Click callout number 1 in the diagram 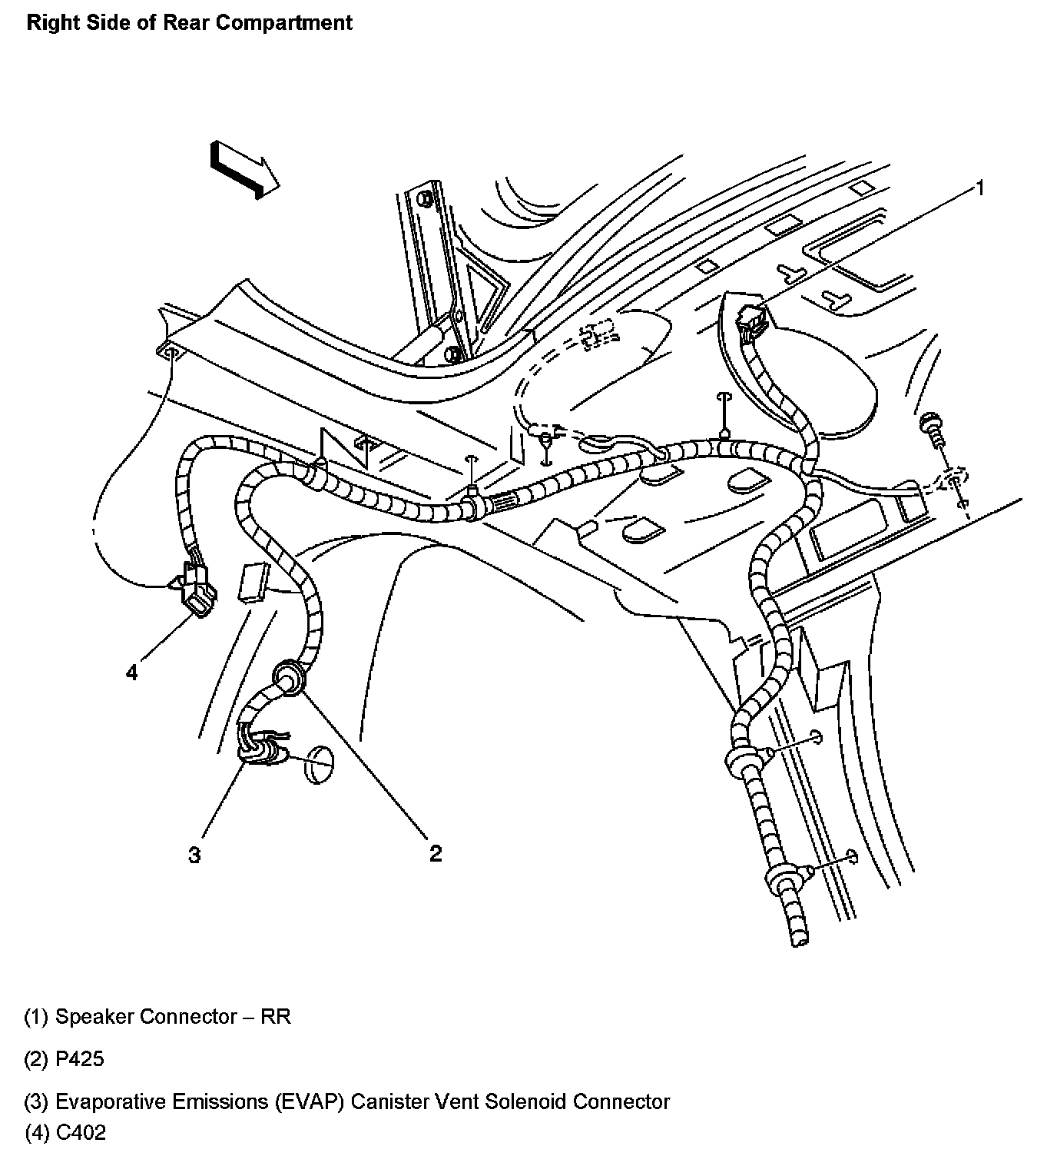979,188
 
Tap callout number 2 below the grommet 436,852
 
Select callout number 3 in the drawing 195,854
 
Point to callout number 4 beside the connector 132,673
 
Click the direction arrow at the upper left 244,170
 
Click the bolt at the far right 932,427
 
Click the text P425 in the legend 80,1059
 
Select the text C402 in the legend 81,1132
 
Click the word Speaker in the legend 94,1017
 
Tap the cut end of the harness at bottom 797,935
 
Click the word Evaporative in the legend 114,1101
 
